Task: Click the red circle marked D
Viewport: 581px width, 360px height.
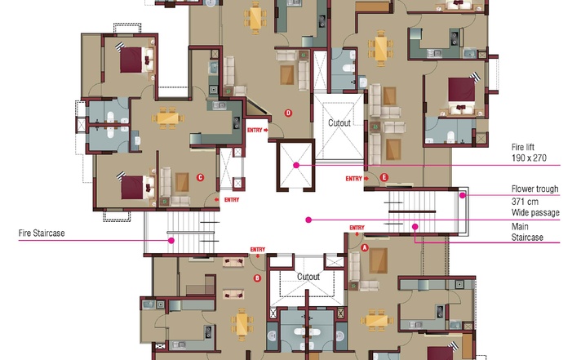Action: point(288,113)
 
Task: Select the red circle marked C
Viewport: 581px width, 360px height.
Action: point(201,177)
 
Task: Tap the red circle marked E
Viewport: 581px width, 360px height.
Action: point(384,178)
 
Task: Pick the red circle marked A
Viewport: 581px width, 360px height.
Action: point(365,247)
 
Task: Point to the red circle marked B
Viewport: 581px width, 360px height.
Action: point(257,278)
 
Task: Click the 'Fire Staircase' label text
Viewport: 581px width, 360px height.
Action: point(42,233)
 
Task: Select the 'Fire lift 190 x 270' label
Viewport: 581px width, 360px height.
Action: point(529,153)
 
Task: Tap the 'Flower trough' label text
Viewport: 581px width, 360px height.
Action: point(534,189)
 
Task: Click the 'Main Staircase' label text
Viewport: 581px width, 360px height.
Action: point(527,232)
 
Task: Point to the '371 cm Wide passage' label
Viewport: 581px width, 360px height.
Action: point(535,207)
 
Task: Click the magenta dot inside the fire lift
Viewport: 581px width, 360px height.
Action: point(296,166)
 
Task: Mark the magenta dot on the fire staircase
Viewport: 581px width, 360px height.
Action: point(171,241)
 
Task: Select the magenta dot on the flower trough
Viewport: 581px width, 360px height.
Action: point(463,195)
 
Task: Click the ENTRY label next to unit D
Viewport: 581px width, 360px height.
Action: point(255,130)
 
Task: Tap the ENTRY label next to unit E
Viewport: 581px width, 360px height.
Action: point(354,179)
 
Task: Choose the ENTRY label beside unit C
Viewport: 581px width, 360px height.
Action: point(232,200)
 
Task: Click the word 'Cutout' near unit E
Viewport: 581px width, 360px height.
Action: point(339,122)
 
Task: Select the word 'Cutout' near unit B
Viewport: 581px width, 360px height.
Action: point(308,277)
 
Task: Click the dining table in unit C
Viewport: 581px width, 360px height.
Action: point(167,118)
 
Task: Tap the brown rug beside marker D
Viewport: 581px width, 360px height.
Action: point(286,75)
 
